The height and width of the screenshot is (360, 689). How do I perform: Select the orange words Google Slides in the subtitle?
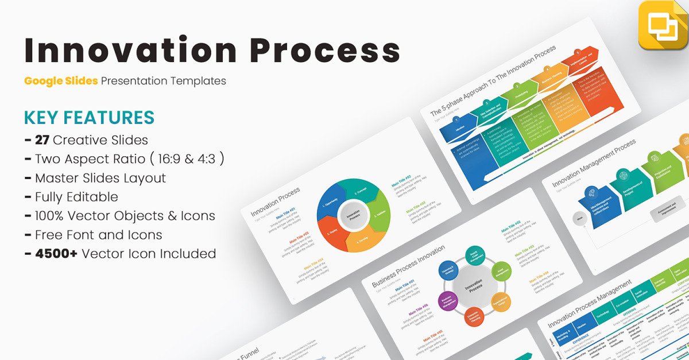(x=61, y=81)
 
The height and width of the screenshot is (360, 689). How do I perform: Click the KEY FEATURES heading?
(x=89, y=117)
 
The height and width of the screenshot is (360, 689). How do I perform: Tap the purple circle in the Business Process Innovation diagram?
(x=448, y=300)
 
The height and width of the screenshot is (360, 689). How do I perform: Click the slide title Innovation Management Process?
(x=594, y=164)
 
